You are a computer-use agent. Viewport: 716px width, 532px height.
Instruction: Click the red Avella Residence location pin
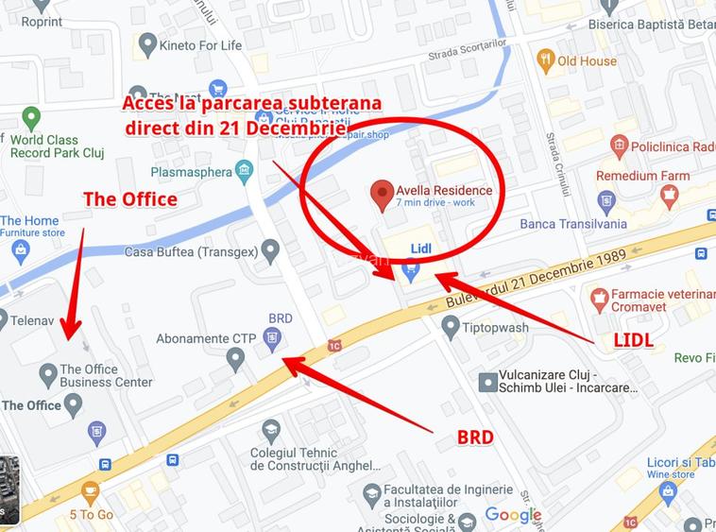pos(382,195)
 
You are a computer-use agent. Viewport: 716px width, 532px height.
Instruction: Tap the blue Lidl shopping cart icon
pos(410,270)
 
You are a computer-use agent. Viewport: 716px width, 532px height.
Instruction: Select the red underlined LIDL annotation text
pos(634,340)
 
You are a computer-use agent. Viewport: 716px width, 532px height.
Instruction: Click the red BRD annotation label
pos(475,438)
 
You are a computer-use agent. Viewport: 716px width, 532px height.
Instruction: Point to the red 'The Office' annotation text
pos(129,199)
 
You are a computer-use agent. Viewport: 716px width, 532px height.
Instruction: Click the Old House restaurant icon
pos(545,61)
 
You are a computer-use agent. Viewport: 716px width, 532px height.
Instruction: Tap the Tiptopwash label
pos(497,327)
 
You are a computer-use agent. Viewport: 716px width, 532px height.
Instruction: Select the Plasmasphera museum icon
pos(245,172)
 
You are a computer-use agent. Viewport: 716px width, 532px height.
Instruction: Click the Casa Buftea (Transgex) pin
pos(271,251)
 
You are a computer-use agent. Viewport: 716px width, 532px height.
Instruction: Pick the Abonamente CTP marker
pos(235,358)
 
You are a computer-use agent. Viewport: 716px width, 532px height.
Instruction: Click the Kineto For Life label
pos(200,44)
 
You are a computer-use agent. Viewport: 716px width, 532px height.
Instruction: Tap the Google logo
pos(513,515)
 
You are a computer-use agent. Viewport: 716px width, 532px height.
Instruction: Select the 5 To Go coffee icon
pos(90,492)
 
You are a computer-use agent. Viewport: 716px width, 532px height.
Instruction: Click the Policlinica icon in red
pos(620,146)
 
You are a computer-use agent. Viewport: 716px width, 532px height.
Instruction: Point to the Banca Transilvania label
pos(573,224)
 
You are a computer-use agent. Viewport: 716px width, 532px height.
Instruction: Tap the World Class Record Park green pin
pos(31,118)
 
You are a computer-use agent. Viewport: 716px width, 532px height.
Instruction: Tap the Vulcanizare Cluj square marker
pos(487,382)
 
